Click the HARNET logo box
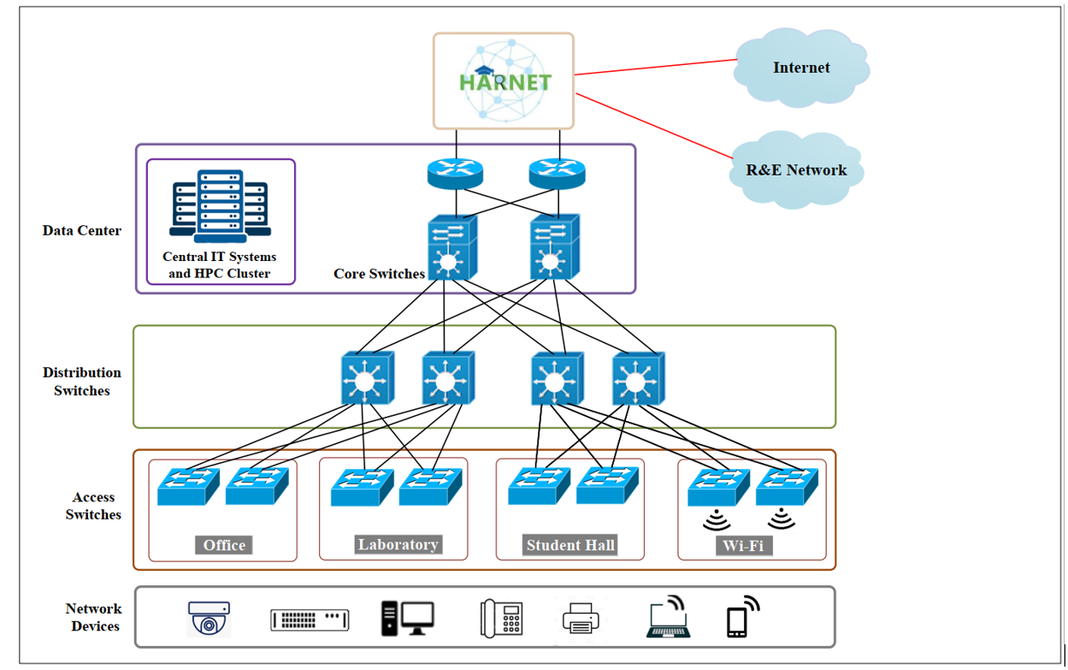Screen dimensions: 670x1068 point(503,80)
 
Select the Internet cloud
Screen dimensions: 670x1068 point(800,68)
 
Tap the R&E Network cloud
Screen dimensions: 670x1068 point(796,169)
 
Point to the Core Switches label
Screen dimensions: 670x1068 point(379,274)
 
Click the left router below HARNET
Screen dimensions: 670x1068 point(455,174)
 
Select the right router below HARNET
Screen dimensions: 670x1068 point(557,174)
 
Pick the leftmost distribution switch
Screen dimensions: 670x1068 point(367,377)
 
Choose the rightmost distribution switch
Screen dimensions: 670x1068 point(638,377)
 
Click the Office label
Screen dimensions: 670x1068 point(224,545)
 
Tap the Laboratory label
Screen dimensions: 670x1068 point(398,544)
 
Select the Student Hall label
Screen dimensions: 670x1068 point(570,545)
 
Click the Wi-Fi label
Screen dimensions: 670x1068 point(743,545)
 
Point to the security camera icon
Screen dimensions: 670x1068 point(209,619)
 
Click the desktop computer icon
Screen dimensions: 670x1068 point(407,618)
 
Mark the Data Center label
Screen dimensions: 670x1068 point(82,230)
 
